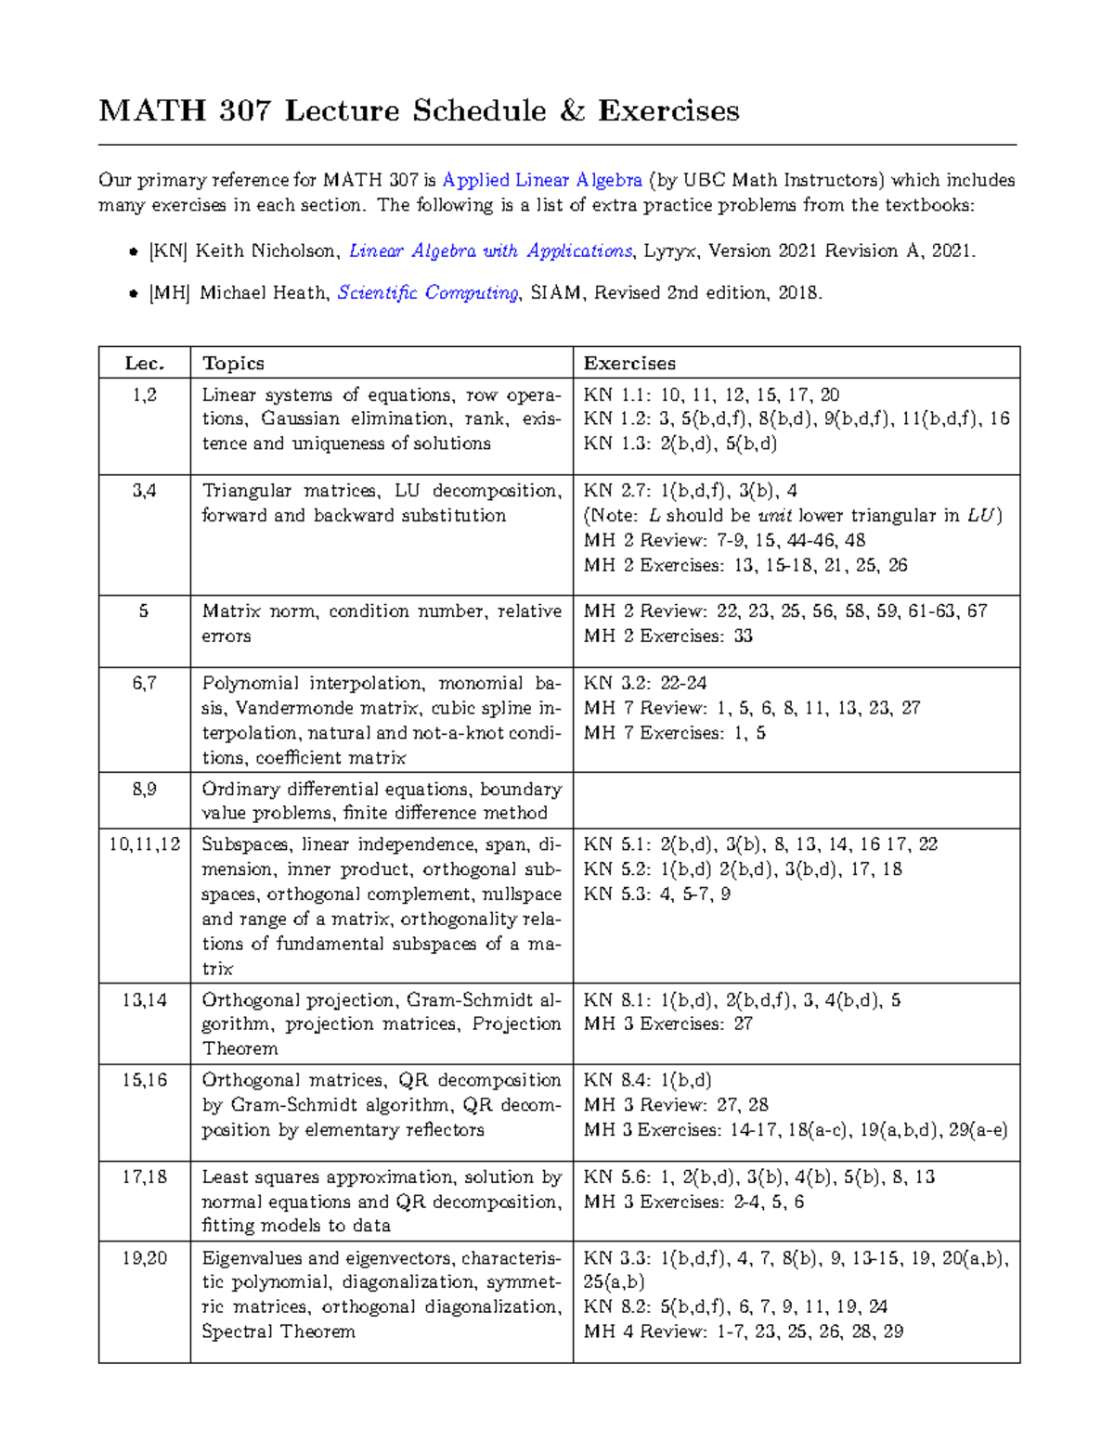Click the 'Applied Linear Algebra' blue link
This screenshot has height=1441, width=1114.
pyautogui.click(x=542, y=180)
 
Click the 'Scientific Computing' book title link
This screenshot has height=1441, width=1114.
pyautogui.click(x=428, y=293)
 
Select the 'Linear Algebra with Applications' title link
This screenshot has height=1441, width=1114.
pyautogui.click(x=490, y=251)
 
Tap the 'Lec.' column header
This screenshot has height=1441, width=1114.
pyautogui.click(x=144, y=363)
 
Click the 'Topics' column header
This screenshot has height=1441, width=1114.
pyautogui.click(x=233, y=363)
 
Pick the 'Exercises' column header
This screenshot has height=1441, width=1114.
pyautogui.click(x=628, y=363)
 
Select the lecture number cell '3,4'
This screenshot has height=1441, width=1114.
pyautogui.click(x=144, y=491)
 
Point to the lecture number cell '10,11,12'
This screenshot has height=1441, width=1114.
pyautogui.click(x=144, y=844)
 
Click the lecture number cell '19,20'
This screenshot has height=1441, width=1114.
pyautogui.click(x=144, y=1258)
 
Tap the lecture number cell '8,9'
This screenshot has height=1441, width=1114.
pyautogui.click(x=144, y=789)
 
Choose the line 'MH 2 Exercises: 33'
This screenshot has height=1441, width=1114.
pyautogui.click(x=667, y=637)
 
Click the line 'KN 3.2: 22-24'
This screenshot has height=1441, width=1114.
pyautogui.click(x=644, y=683)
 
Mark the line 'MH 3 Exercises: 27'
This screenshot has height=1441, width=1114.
pyautogui.click(x=667, y=1023)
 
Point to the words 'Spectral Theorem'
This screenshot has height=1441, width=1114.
pyautogui.click(x=278, y=1332)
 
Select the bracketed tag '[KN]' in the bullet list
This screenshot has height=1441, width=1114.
pyautogui.click(x=168, y=251)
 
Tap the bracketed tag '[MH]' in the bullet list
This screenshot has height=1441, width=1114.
pyautogui.click(x=169, y=293)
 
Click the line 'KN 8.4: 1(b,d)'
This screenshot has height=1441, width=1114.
pyautogui.click(x=647, y=1080)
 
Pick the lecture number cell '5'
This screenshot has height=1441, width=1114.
pyautogui.click(x=144, y=611)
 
